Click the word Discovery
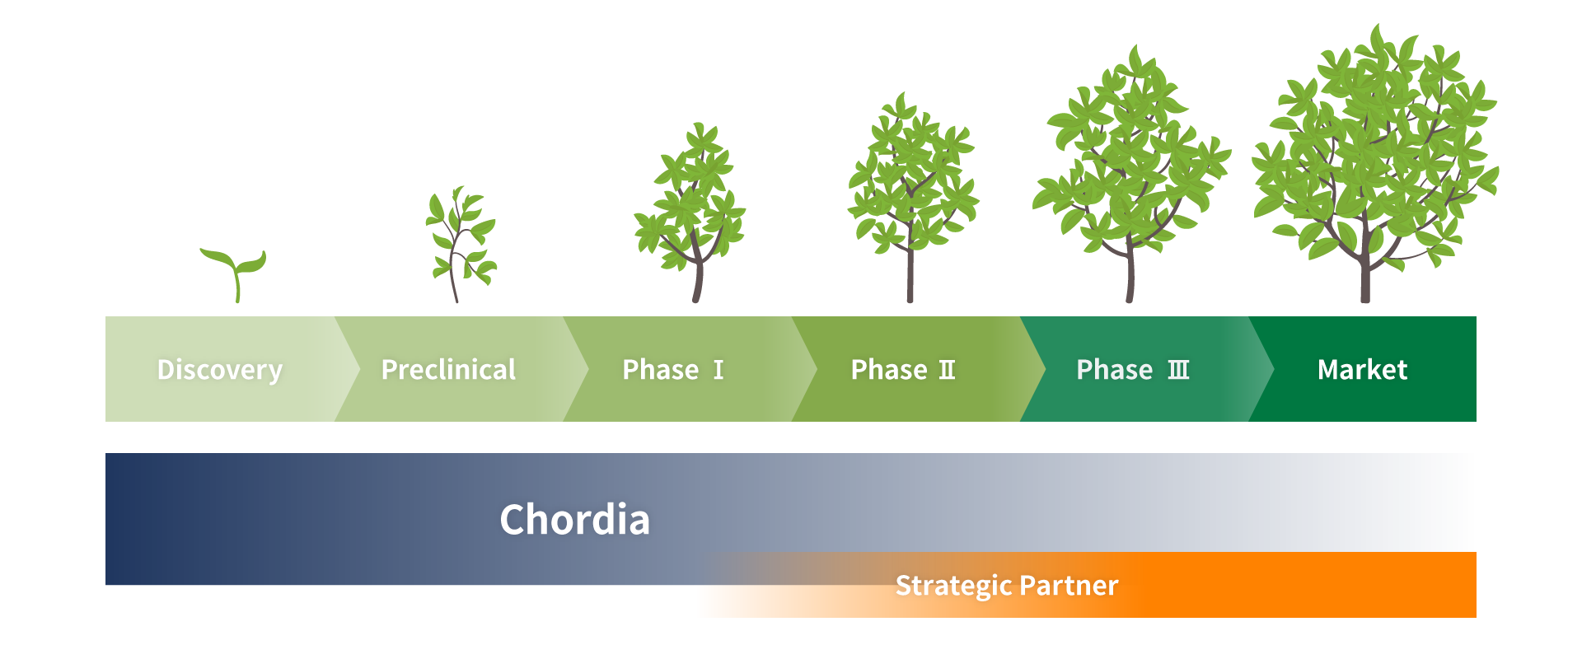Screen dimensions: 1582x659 click(x=220, y=371)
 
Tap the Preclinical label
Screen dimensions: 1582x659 click(x=449, y=370)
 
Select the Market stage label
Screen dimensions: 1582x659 click(x=1363, y=370)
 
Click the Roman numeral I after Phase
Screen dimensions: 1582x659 click(x=718, y=370)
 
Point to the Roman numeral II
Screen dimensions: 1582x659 click(x=948, y=370)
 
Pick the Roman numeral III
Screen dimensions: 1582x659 click(x=1179, y=370)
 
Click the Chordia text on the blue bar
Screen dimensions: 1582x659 click(x=575, y=520)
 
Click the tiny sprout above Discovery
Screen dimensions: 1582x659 click(x=235, y=274)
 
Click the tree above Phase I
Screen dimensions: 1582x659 click(x=690, y=213)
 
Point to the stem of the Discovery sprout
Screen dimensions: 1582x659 click(x=236, y=287)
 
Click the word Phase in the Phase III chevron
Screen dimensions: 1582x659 click(x=1115, y=370)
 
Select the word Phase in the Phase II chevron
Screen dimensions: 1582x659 click(x=889, y=370)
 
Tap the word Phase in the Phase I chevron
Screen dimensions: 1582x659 click(x=661, y=370)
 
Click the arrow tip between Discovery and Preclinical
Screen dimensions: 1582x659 click(x=359, y=369)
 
